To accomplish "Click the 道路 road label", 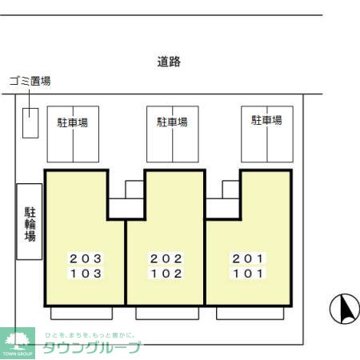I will pyautogui.click(x=169, y=62).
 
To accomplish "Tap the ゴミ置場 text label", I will pyautogui.click(x=30, y=81).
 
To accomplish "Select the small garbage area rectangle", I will pyautogui.click(x=30, y=122).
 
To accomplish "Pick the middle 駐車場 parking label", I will pyautogui.click(x=172, y=122).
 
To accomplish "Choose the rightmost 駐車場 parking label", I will pyautogui.click(x=266, y=121).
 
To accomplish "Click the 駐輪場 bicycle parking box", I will pyautogui.click(x=30, y=210).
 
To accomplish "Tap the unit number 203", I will pyautogui.click(x=86, y=258).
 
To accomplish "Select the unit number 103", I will pyautogui.click(x=86, y=273).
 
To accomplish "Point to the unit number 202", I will pyautogui.click(x=166, y=258).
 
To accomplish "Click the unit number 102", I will pyautogui.click(x=166, y=273).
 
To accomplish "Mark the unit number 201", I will pyautogui.click(x=248, y=258).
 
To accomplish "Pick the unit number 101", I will pyautogui.click(x=248, y=273).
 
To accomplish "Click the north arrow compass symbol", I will pyautogui.click(x=345, y=309).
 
